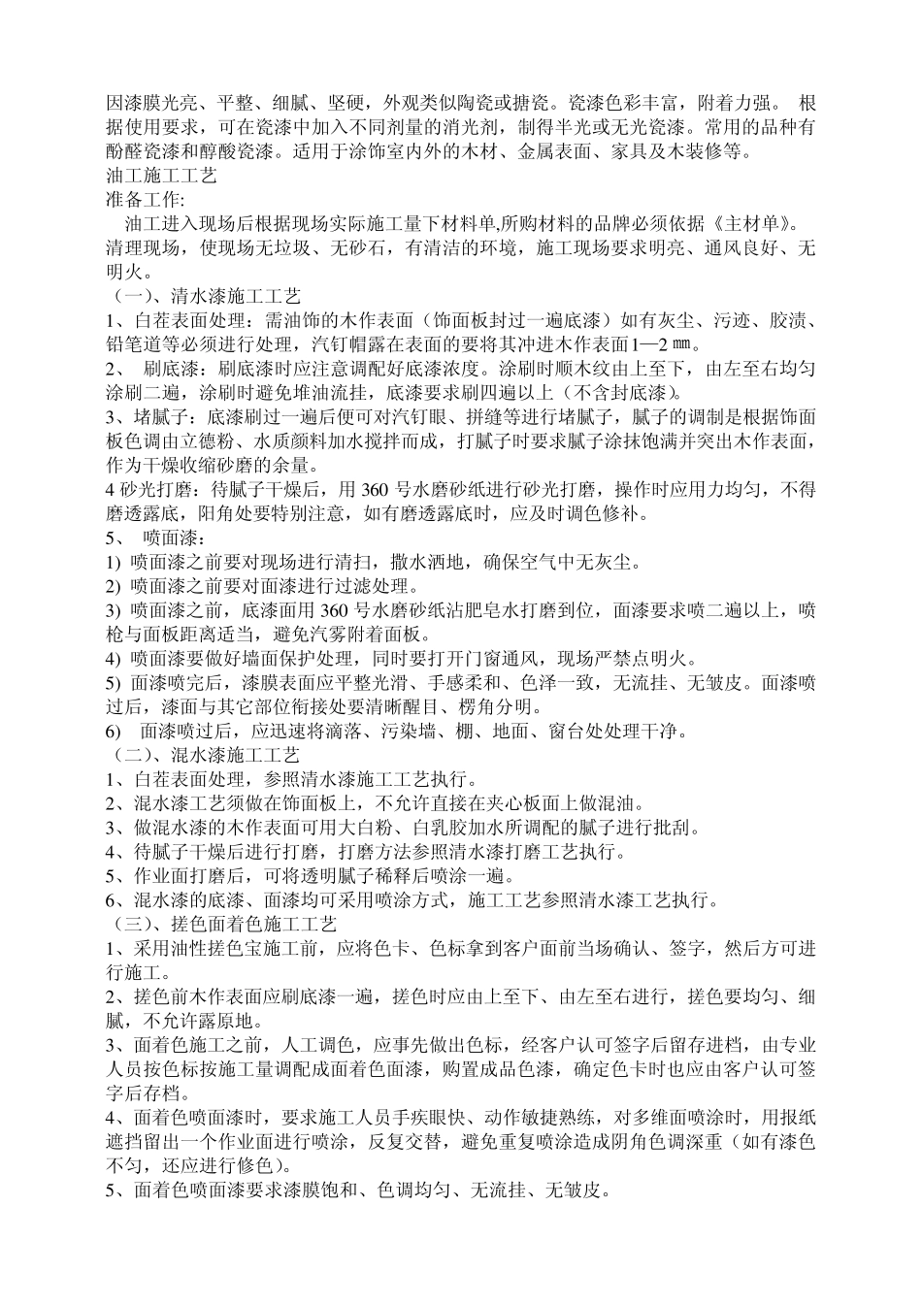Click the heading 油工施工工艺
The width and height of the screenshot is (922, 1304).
click(160, 177)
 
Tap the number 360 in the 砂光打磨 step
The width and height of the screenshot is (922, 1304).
click(375, 490)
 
